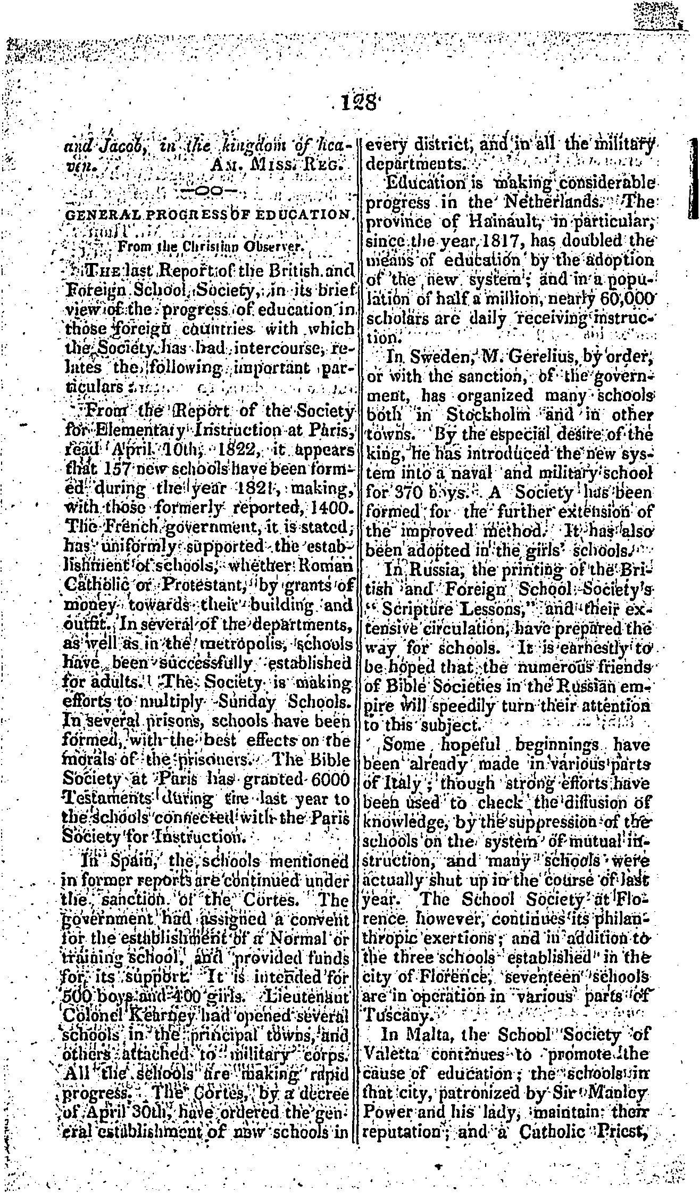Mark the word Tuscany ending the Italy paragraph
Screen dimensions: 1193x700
point(393,1015)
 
